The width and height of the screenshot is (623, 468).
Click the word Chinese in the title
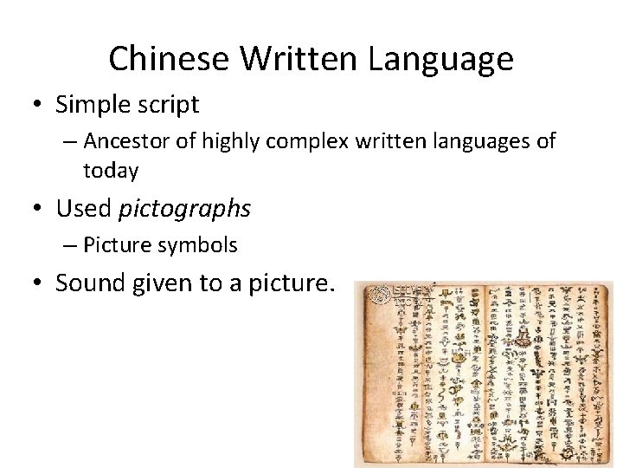click(170, 59)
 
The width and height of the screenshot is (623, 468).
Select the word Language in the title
click(441, 59)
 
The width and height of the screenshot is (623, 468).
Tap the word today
click(111, 171)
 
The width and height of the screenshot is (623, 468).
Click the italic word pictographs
click(184, 209)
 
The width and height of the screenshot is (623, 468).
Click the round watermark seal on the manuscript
click(381, 296)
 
